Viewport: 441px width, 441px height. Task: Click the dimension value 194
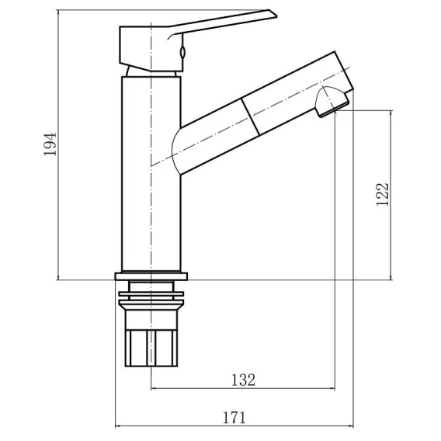[x=50, y=144]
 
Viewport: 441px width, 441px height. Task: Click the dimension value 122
[x=383, y=195]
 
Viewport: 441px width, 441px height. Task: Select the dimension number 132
[x=243, y=380]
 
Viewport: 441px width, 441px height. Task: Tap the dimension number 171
[x=234, y=418]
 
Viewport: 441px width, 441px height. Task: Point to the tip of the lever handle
[x=276, y=16]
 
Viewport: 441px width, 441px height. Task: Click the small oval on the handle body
[x=182, y=52]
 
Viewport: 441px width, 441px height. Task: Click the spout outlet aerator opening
[x=333, y=109]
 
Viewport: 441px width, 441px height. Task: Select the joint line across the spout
[x=250, y=116]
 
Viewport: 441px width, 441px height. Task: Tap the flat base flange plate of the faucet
[x=151, y=276]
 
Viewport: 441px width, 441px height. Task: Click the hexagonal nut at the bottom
[x=151, y=348]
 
